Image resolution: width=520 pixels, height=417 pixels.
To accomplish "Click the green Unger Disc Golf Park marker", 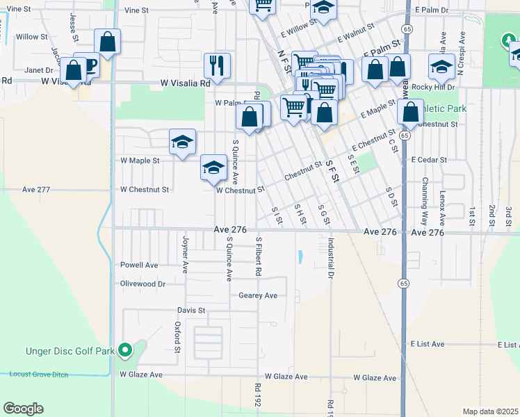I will [125, 350].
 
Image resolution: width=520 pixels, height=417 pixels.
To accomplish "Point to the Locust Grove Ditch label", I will [43, 374].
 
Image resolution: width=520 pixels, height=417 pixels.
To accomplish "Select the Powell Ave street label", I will [139, 265].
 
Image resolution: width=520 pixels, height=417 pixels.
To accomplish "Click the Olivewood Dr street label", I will [143, 284].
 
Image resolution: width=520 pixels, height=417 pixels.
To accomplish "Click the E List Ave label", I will [427, 344].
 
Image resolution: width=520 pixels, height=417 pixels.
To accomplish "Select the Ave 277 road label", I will [36, 189].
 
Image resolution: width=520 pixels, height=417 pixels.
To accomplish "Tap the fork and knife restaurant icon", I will [218, 66].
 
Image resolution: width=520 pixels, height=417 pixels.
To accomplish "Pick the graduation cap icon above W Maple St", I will [181, 143].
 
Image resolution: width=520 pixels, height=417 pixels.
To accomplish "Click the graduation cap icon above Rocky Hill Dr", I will [441, 67].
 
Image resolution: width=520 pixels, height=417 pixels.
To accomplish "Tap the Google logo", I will [23, 409].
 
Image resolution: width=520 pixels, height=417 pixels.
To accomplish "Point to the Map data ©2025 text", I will [489, 411].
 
